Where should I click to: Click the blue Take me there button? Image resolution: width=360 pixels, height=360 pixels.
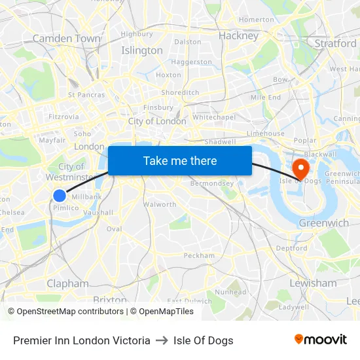click(180, 160)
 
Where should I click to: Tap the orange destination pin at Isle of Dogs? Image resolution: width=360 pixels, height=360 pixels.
click(301, 168)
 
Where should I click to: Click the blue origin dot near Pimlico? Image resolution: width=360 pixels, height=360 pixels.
click(60, 195)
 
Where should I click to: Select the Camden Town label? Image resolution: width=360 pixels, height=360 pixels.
click(66, 39)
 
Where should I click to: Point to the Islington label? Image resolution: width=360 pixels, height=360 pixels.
click(142, 50)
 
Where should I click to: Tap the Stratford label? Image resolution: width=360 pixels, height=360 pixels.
click(336, 43)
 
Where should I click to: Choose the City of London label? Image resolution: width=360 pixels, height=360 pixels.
click(157, 121)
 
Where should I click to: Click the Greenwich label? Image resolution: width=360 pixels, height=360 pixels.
click(323, 223)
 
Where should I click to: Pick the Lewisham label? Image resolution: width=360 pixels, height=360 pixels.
click(313, 283)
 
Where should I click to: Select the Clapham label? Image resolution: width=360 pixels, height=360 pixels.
click(67, 283)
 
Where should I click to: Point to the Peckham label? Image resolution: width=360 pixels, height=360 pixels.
click(199, 255)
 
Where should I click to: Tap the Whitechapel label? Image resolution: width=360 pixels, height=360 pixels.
click(214, 117)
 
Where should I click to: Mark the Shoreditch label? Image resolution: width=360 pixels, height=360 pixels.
click(180, 93)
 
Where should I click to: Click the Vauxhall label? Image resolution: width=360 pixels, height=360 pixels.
click(98, 213)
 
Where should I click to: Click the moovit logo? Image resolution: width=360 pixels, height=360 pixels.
click(321, 340)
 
